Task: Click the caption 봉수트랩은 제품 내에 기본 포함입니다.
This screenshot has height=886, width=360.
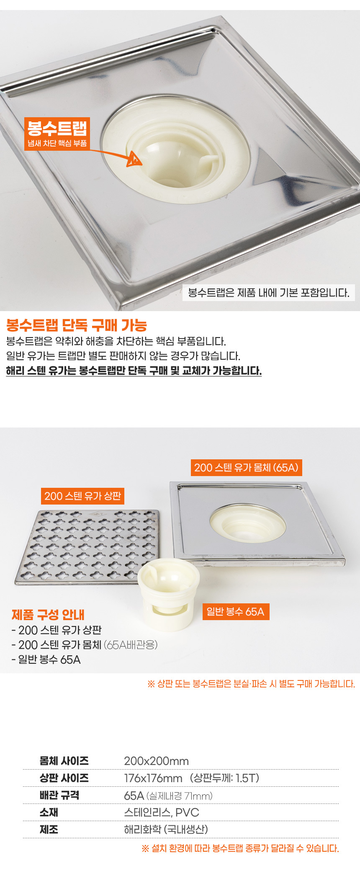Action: (268, 292)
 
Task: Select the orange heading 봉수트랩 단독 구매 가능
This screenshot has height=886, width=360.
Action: (77, 325)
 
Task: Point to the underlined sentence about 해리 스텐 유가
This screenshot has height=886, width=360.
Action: (134, 371)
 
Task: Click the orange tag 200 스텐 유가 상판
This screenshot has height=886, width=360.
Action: (82, 496)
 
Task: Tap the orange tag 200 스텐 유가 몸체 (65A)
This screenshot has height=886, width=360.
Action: (246, 467)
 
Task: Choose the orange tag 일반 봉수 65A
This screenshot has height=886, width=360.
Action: (235, 612)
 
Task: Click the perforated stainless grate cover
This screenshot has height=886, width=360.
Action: (87, 546)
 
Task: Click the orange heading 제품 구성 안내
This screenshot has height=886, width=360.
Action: (48, 615)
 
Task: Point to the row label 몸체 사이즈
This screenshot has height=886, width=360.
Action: (64, 761)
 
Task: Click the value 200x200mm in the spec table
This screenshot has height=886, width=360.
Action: (157, 761)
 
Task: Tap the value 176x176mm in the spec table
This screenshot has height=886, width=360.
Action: (153, 778)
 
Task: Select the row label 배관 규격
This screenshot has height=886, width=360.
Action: (59, 796)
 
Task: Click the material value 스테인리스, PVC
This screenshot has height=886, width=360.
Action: (162, 813)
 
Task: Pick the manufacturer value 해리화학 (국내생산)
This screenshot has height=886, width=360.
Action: (166, 829)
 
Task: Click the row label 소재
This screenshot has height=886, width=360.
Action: (49, 812)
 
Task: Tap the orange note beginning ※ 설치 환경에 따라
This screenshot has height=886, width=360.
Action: (240, 848)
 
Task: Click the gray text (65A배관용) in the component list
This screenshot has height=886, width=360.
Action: (131, 645)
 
